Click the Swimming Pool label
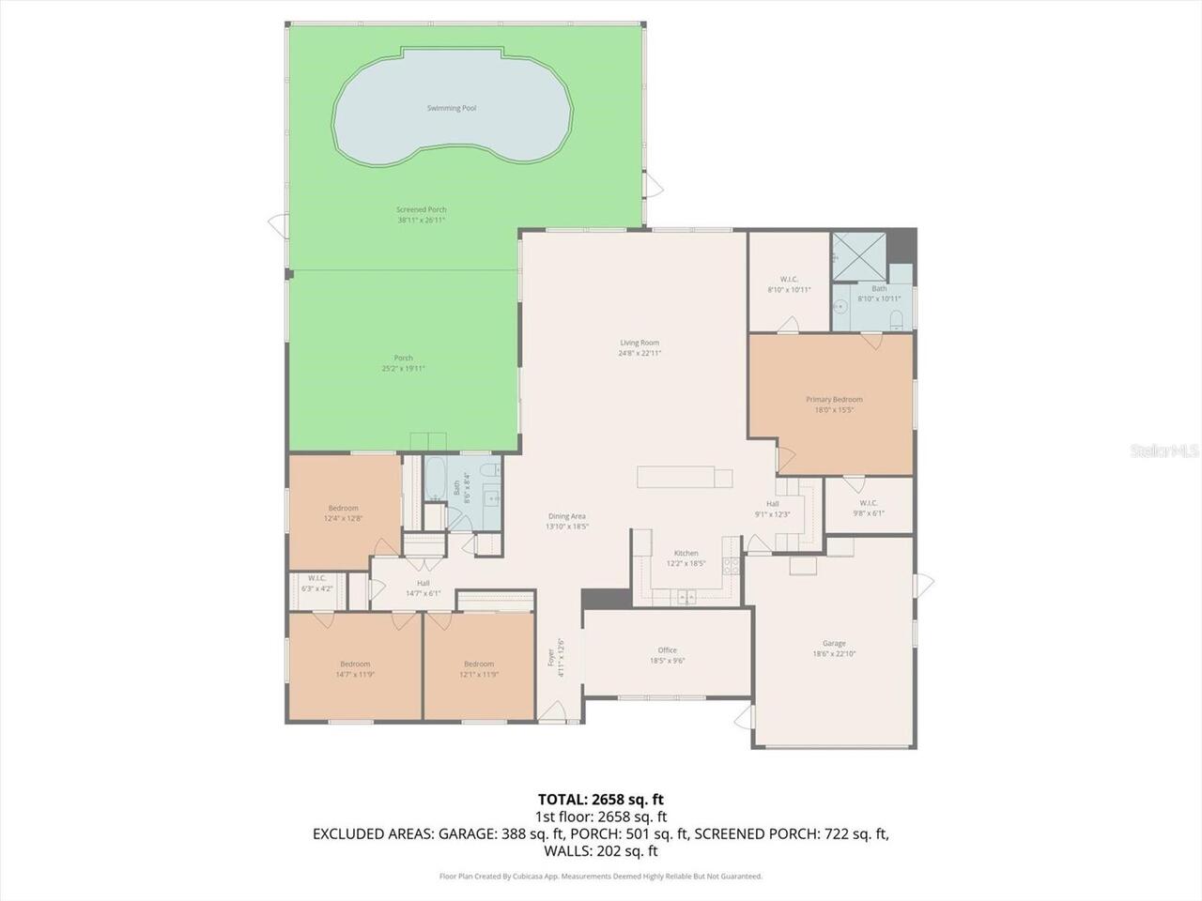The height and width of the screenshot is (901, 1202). [452, 108]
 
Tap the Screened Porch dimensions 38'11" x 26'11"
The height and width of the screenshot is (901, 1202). [421, 220]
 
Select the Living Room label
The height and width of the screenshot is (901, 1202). [640, 343]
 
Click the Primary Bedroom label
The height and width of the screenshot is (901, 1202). [834, 400]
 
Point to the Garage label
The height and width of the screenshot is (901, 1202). [834, 644]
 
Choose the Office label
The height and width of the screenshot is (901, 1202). [667, 650]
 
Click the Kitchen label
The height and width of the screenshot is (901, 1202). [686, 554]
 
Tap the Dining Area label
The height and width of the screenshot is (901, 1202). [567, 516]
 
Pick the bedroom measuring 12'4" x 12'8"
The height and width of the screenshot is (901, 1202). [343, 513]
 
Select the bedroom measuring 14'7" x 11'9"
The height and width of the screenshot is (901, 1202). [355, 669]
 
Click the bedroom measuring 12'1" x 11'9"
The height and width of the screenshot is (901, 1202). [478, 669]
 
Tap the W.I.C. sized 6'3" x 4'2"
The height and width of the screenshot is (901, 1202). [316, 584]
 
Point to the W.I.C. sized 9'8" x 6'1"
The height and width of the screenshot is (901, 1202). [868, 508]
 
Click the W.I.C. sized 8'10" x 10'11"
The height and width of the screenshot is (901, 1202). [789, 284]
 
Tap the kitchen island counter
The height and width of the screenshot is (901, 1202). [686, 477]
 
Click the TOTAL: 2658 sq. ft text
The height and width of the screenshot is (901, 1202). [601, 800]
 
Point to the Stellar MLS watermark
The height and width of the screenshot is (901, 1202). [1164, 451]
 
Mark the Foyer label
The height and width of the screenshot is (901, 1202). [551, 657]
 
